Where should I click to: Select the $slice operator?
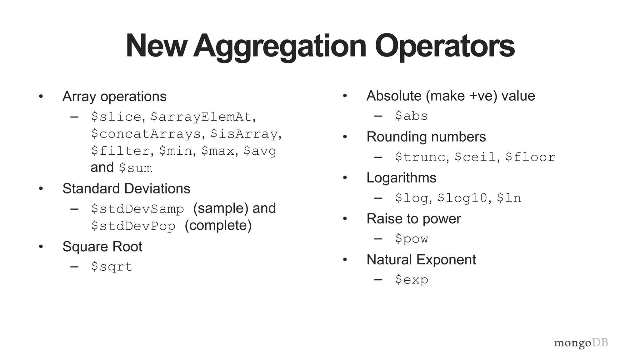click(x=116, y=117)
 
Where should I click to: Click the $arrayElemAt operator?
click(x=201, y=117)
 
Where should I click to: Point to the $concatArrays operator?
click(x=146, y=134)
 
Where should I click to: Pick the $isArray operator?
click(x=244, y=134)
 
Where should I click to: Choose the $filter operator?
click(x=121, y=151)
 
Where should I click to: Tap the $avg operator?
click(x=260, y=151)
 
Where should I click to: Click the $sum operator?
click(x=136, y=168)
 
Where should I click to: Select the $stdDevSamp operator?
click(x=137, y=209)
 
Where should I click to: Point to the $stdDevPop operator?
click(x=133, y=226)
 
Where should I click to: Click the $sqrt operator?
click(x=112, y=267)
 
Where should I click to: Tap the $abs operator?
click(x=411, y=116)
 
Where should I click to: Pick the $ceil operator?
click(x=475, y=157)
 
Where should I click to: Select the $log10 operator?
click(x=462, y=198)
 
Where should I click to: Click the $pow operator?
click(x=411, y=239)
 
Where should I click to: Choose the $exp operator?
click(x=411, y=280)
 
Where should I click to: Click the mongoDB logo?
click(x=581, y=343)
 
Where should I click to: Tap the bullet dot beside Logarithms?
click(x=345, y=178)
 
